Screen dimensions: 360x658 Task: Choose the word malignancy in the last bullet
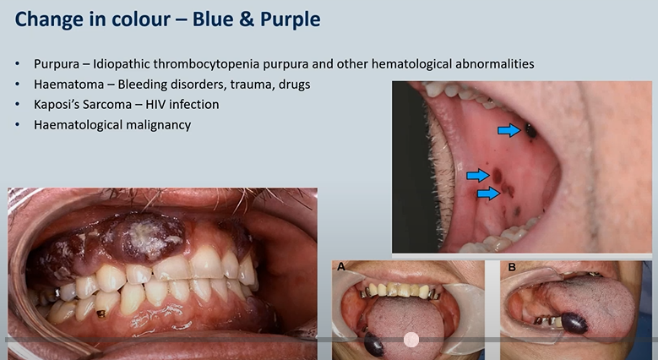[155, 125]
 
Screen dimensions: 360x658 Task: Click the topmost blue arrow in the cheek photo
[508, 129]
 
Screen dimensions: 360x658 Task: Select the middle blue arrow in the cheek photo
[478, 175]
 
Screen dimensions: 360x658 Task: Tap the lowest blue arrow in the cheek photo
[487, 194]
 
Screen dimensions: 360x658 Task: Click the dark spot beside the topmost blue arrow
[531, 130]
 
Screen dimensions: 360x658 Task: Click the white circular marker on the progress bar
[411, 340]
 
